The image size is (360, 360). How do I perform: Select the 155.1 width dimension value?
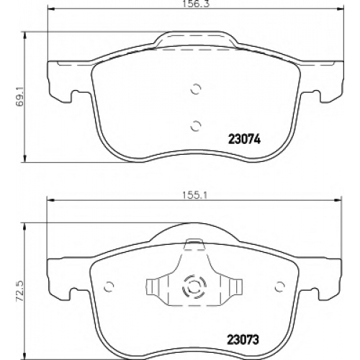[x=194, y=196]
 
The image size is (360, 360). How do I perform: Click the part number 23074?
[x=244, y=139]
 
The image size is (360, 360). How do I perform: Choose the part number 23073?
[x=243, y=340]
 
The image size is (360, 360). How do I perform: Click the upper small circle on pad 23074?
[x=196, y=89]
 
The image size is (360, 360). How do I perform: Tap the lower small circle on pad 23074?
[x=196, y=126]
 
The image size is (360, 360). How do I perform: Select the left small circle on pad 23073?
[x=109, y=287]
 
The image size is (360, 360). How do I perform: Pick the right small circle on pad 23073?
[x=280, y=287]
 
